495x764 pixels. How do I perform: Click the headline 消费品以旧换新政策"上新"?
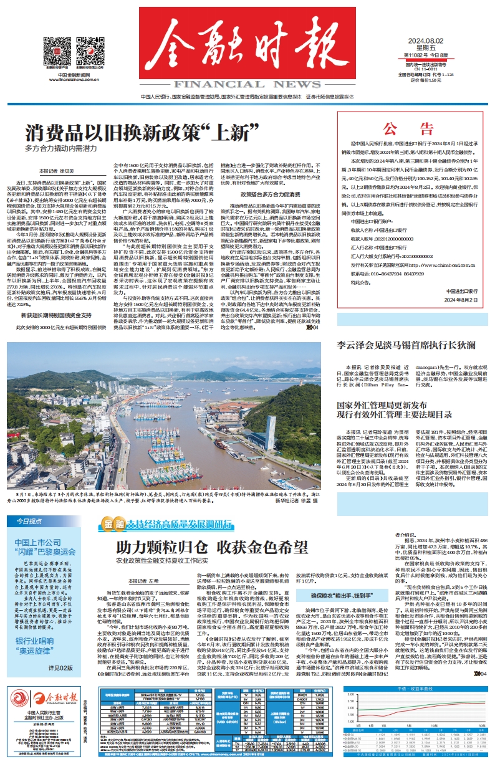pos(142,133)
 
